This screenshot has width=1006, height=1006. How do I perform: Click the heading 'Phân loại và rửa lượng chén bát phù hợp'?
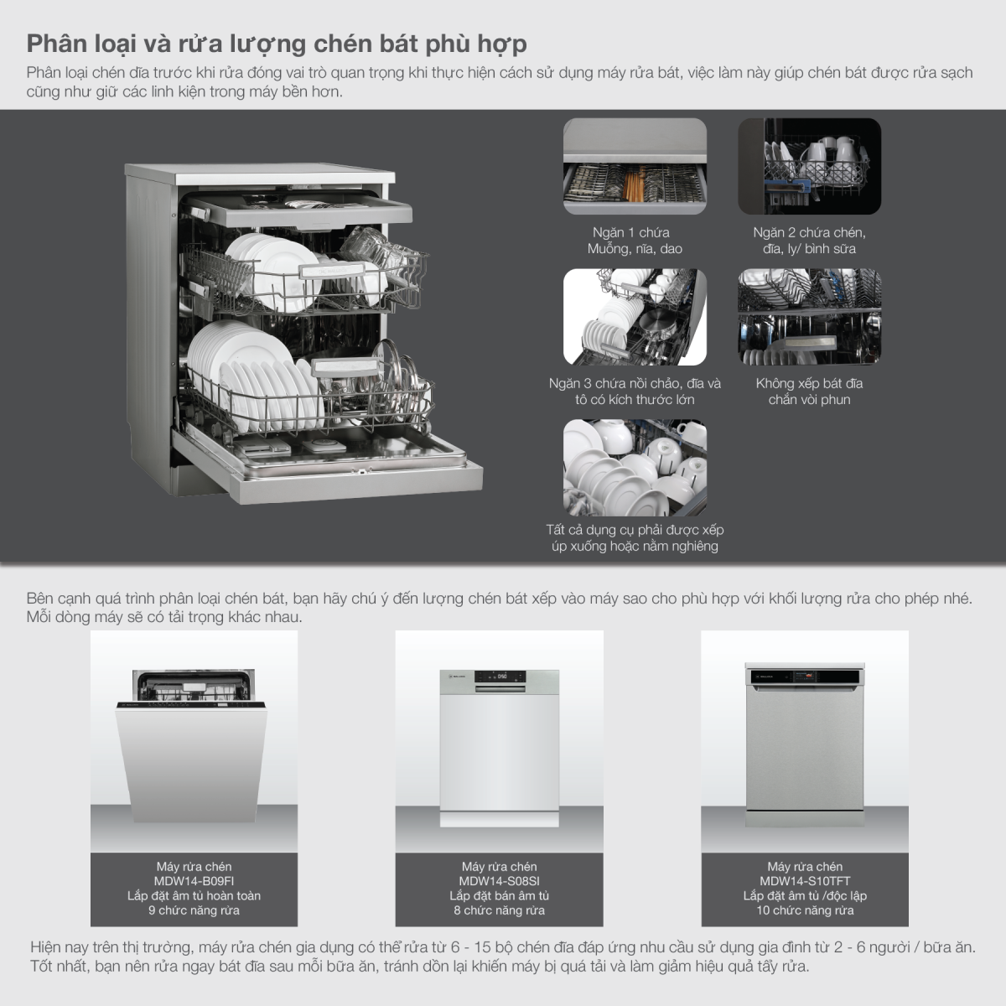pyautogui.click(x=277, y=44)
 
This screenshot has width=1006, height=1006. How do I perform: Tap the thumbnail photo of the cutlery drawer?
pyautogui.click(x=635, y=166)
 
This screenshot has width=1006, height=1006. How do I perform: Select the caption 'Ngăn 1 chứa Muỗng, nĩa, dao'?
pyautogui.click(x=635, y=240)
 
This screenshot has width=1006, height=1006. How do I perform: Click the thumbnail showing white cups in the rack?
pyautogui.click(x=809, y=166)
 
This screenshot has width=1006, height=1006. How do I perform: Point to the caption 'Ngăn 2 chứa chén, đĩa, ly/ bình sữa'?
pyautogui.click(x=809, y=240)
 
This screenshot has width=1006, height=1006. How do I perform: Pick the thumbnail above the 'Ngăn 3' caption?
pyautogui.click(x=635, y=317)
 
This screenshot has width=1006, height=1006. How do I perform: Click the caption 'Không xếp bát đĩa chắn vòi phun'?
pyautogui.click(x=809, y=391)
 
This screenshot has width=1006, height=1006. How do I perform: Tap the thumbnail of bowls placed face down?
pyautogui.click(x=635, y=468)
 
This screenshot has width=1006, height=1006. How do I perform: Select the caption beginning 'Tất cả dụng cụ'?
pyautogui.click(x=635, y=537)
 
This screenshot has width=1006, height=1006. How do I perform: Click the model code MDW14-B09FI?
pyautogui.click(x=194, y=881)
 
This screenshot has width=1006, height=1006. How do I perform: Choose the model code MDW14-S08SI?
pyautogui.click(x=499, y=881)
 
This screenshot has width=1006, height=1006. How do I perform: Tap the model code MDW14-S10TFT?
pyautogui.click(x=805, y=881)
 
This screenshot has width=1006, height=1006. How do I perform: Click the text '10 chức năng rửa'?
pyautogui.click(x=805, y=910)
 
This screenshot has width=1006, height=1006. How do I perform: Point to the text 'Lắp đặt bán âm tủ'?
pyautogui.click(x=499, y=896)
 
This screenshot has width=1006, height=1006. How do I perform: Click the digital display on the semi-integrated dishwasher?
pyautogui.click(x=501, y=677)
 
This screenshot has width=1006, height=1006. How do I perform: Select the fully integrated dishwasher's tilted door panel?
pyautogui.click(x=191, y=762)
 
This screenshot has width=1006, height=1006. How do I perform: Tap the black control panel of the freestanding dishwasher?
pyautogui.click(x=805, y=677)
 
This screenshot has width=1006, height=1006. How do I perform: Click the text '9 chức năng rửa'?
pyautogui.click(x=194, y=910)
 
